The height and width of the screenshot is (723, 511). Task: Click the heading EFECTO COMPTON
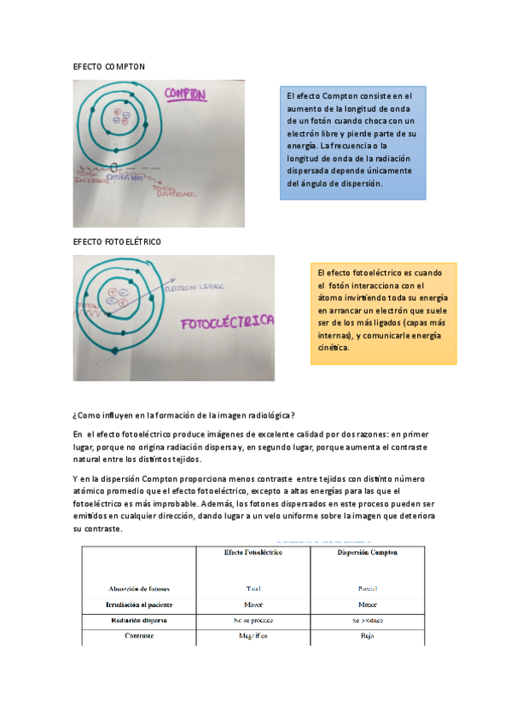point(109,66)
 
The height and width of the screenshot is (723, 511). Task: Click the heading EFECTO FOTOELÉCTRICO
point(117,242)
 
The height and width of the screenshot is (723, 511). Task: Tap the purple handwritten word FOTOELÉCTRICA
point(226,322)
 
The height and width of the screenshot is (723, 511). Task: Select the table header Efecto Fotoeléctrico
point(253,552)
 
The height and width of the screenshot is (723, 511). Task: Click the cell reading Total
point(253,588)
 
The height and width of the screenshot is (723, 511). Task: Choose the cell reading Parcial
point(367,588)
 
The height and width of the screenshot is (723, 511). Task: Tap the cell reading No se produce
point(253,620)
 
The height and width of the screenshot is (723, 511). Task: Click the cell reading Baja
point(367,636)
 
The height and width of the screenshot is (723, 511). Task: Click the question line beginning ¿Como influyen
point(184,415)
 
